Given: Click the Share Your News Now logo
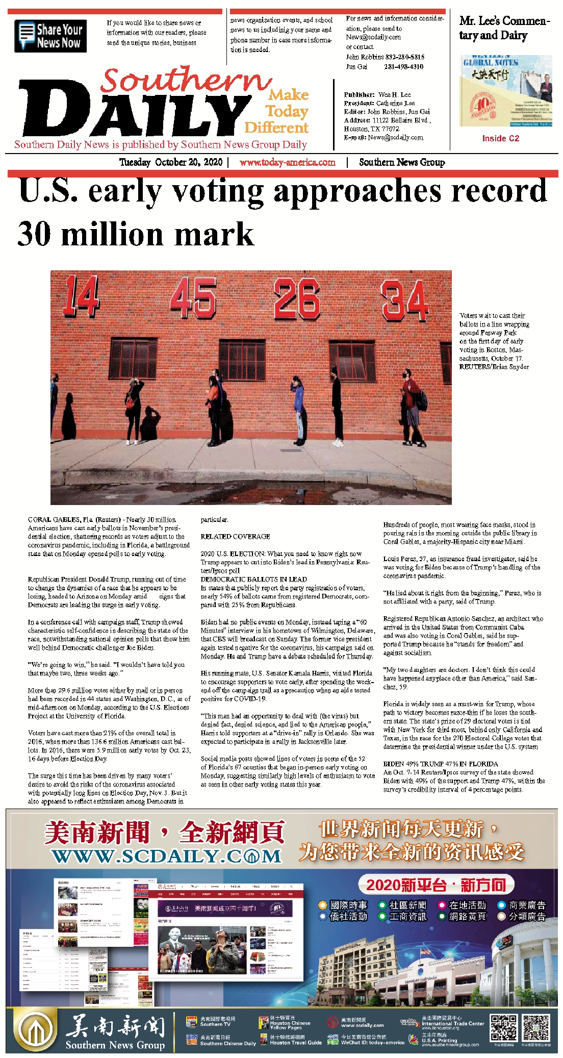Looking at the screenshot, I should [x=50, y=36].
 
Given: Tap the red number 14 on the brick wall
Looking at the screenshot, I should [x=81, y=295].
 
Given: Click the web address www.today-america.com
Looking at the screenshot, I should [x=287, y=162].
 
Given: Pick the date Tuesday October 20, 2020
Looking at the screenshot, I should [x=171, y=162].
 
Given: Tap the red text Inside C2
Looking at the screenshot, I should [x=500, y=138].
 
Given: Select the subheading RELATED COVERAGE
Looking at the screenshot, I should [x=235, y=537].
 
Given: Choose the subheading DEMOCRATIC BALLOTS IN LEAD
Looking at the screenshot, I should [x=253, y=579].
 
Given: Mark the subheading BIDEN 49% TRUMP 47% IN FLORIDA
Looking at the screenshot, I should [x=441, y=764].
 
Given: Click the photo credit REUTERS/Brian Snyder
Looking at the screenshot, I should [x=494, y=367].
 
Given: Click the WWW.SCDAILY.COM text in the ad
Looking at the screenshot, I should [x=166, y=857].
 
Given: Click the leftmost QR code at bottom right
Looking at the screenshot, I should [x=503, y=1027].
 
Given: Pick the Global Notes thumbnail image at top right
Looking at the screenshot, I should [x=505, y=90].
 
